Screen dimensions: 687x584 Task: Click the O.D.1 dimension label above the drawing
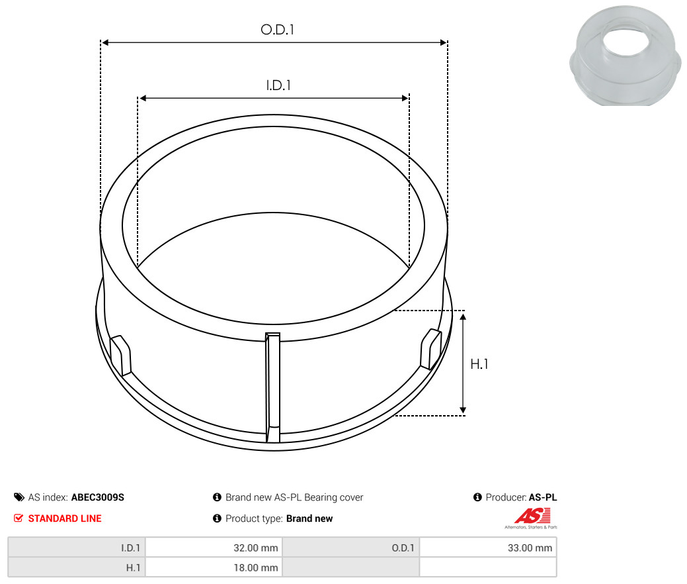coord(277,29)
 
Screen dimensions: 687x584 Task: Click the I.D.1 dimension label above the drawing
coord(278,85)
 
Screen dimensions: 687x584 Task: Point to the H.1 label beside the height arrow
coord(479,364)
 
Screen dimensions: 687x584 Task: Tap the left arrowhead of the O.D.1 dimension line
coord(105,42)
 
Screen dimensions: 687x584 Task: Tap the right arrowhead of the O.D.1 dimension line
coord(443,42)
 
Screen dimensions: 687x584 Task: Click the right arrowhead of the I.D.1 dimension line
coord(405,98)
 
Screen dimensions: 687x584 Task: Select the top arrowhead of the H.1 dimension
coord(463,316)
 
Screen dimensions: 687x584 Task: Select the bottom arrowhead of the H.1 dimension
coord(463,410)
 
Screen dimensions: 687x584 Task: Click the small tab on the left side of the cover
coord(120,356)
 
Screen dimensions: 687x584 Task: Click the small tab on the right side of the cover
coord(430,349)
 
